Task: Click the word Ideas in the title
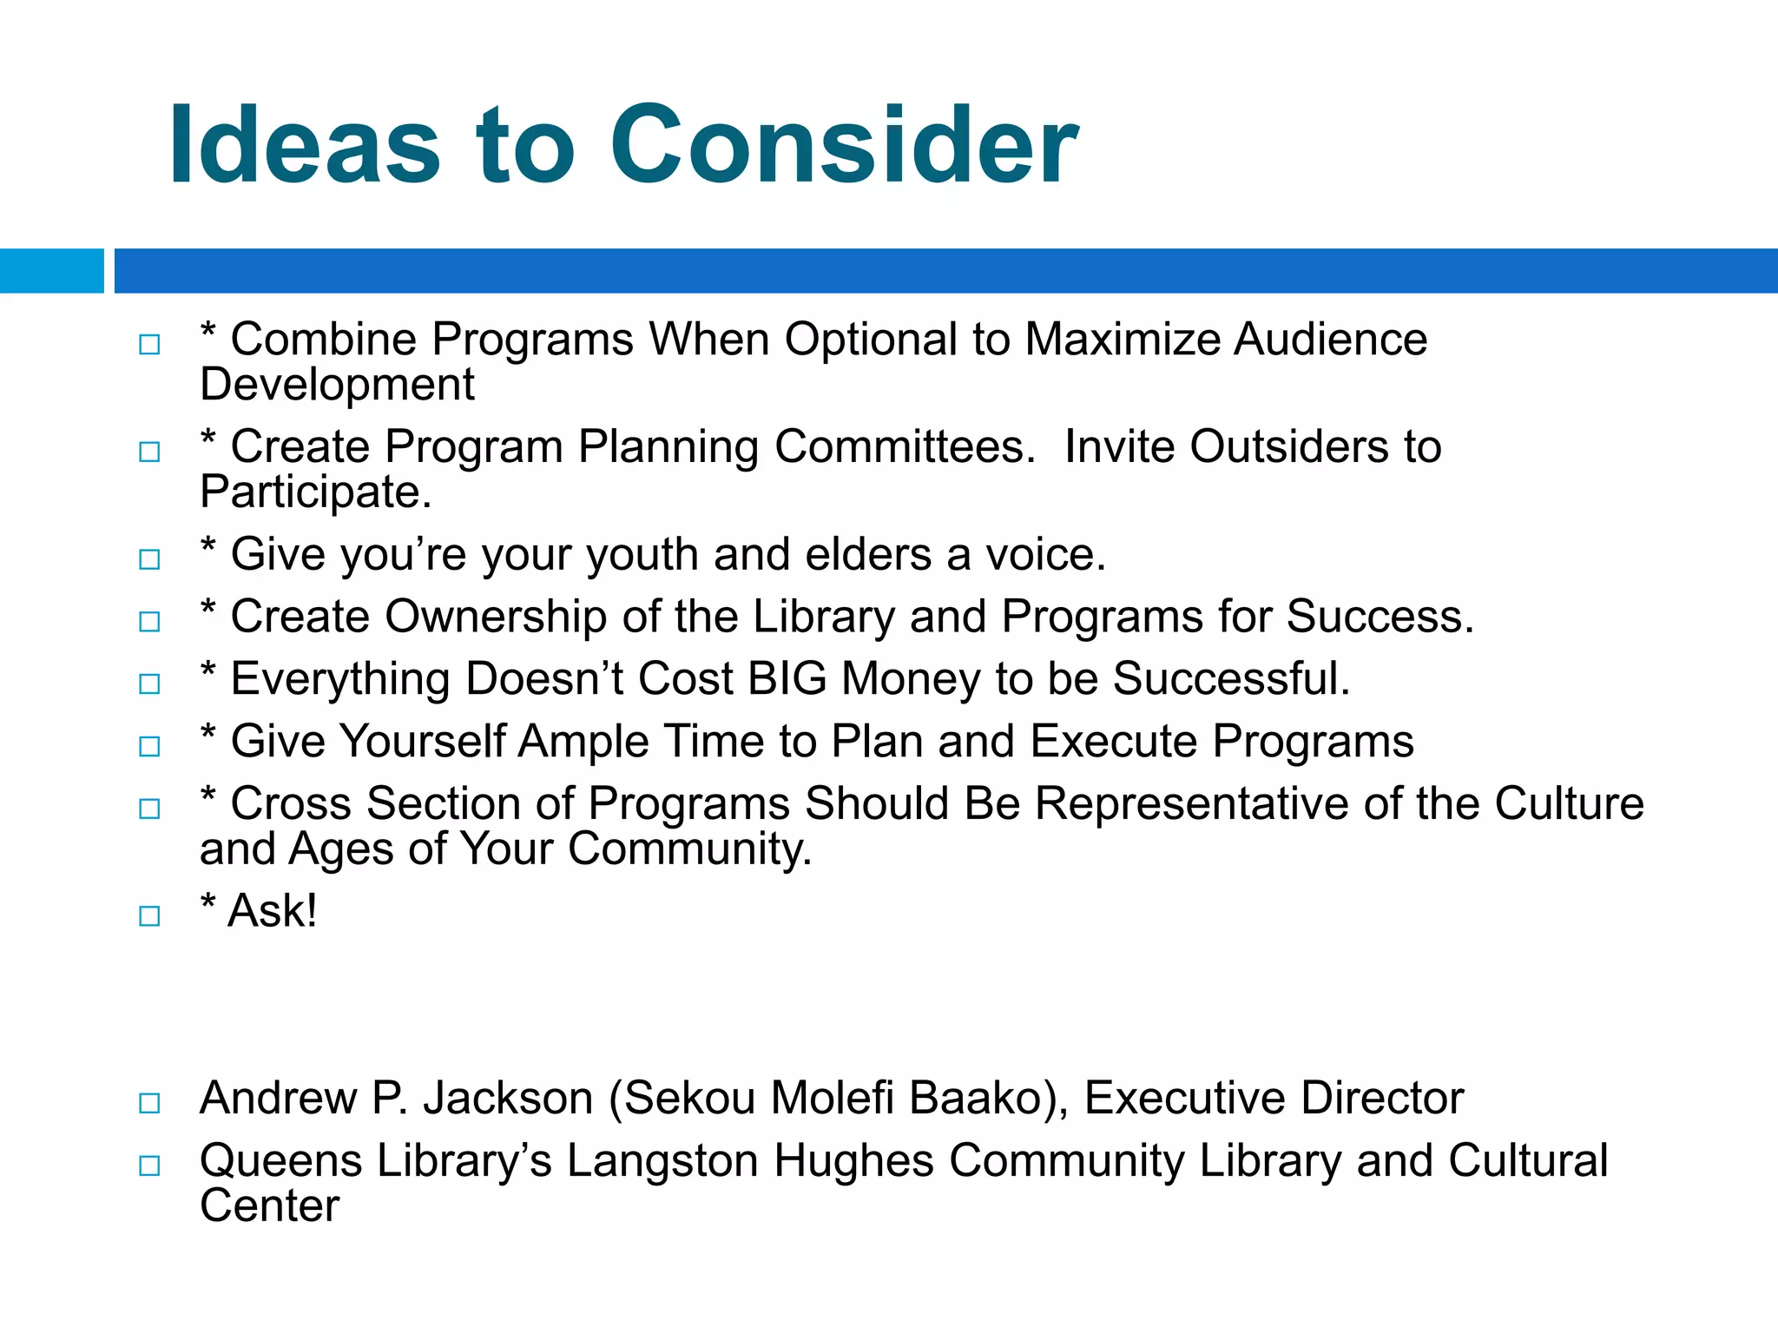click(x=304, y=146)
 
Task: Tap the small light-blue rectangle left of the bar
click(x=51, y=271)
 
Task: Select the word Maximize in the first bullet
click(x=1121, y=340)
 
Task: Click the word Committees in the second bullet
click(x=903, y=447)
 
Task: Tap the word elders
click(x=867, y=555)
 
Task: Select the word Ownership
click(x=496, y=617)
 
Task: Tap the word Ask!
click(x=272, y=911)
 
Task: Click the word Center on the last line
click(x=269, y=1206)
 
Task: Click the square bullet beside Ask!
click(x=149, y=915)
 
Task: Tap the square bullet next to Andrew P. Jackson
click(x=149, y=1103)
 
